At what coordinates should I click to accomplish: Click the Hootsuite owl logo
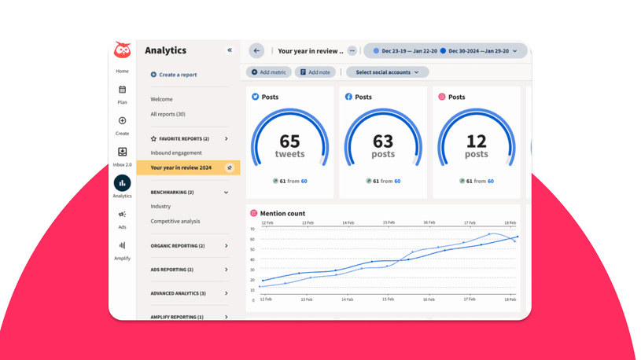122,50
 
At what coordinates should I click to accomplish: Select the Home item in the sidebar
122,72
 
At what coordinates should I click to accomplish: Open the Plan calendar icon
122,90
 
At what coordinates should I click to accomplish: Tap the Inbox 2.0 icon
122,152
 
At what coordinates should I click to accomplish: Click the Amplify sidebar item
122,246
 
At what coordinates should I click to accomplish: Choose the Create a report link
177,75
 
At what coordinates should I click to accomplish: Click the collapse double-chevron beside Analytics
230,50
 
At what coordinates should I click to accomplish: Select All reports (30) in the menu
168,114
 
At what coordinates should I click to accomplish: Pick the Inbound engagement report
176,152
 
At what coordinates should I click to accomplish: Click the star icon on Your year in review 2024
230,167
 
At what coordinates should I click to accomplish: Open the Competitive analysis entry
175,222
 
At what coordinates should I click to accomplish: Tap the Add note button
315,72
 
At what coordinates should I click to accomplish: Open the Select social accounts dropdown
387,72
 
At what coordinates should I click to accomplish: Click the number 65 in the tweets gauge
289,141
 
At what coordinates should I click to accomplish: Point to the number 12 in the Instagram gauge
476,141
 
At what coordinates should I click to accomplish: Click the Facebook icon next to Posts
348,97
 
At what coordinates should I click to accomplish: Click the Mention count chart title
283,213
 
